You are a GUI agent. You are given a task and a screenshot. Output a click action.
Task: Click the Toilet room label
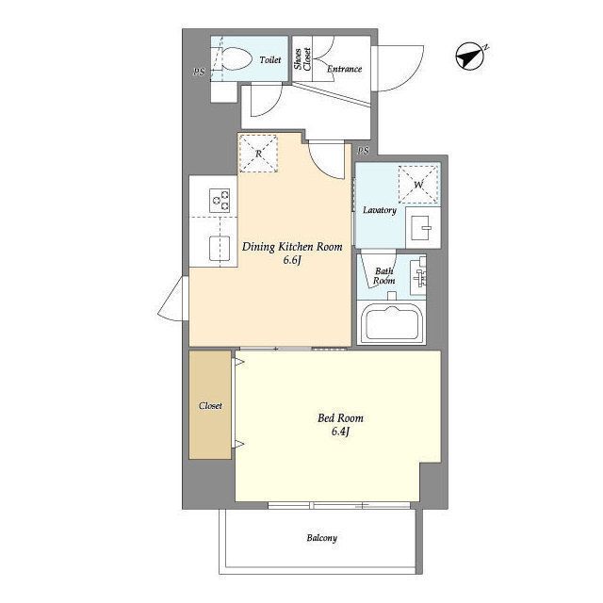tap(270, 60)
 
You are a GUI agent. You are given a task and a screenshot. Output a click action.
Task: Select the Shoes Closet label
tap(302, 58)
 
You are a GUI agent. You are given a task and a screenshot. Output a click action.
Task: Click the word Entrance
tap(344, 69)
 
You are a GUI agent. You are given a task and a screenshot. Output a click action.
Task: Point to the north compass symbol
tap(471, 57)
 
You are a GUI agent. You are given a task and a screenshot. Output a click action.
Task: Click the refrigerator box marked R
tap(258, 154)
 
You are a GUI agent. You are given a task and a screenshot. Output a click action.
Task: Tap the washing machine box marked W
tap(418, 185)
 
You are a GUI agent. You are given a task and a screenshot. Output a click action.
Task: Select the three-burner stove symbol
tap(220, 201)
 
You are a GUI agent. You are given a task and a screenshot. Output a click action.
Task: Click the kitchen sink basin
tap(220, 248)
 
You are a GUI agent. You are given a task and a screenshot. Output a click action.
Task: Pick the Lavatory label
tap(380, 210)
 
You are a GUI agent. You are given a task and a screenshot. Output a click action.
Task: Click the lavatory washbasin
tap(422, 227)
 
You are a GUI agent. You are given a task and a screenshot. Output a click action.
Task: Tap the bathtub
tap(392, 323)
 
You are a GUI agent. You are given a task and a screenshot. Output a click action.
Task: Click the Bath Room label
tap(383, 276)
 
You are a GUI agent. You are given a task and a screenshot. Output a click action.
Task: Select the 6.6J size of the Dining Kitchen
tap(292, 260)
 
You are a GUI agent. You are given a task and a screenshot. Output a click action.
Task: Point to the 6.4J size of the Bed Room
tap(340, 432)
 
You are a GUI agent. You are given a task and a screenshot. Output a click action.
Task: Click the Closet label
tap(210, 406)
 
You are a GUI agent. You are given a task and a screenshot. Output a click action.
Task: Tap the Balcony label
tap(322, 538)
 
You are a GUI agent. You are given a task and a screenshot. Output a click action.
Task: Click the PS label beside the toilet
tap(199, 72)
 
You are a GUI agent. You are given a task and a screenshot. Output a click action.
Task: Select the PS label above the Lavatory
tap(363, 151)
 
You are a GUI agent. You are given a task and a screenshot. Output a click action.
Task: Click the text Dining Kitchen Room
tap(292, 247)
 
